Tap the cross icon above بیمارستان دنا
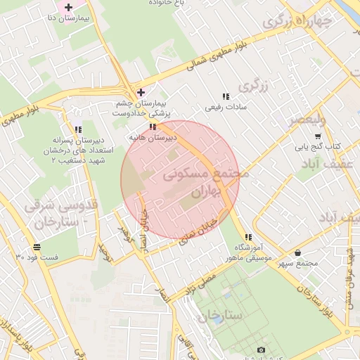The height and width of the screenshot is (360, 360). (x=67, y=6)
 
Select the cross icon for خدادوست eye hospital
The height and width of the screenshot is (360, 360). (x=141, y=92)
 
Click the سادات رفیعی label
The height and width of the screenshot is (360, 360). (x=223, y=108)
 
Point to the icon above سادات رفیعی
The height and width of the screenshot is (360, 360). (x=225, y=96)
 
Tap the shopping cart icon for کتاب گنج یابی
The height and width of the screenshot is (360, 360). (x=318, y=136)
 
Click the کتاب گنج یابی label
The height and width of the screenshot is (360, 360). (x=317, y=147)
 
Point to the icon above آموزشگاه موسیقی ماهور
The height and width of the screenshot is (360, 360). (x=247, y=237)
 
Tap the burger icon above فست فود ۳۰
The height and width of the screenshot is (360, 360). (x=37, y=247)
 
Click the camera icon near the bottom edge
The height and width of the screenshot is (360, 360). (x=261, y=350)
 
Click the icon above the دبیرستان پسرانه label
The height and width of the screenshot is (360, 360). (x=77, y=129)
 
